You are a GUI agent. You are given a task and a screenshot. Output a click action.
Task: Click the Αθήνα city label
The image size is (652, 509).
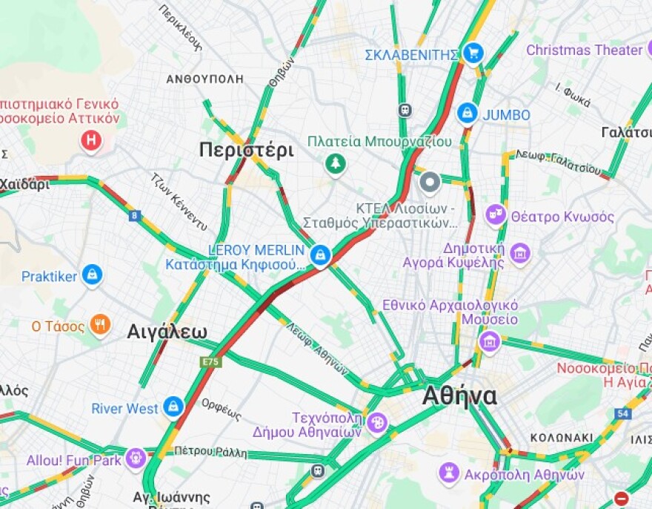click(x=459, y=396)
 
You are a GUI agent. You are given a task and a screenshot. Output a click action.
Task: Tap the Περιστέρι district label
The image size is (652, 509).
click(x=246, y=151)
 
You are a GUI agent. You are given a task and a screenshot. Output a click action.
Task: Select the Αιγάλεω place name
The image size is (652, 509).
click(x=167, y=331)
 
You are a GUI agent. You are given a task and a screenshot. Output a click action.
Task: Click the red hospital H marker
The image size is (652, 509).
click(x=91, y=139)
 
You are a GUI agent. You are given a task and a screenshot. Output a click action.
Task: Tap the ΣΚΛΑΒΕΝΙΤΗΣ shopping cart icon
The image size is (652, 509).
click(x=473, y=53)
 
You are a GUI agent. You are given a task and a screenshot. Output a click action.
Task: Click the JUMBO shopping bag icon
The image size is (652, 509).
click(x=467, y=114)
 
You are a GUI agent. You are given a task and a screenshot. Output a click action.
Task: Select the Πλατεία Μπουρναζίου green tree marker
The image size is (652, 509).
click(x=336, y=164)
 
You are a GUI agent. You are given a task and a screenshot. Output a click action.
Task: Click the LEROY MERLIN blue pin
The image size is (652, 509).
click(x=320, y=255)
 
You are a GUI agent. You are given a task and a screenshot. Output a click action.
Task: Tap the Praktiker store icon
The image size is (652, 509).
click(x=92, y=276)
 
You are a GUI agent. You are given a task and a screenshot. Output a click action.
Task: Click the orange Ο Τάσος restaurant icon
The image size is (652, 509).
click(x=100, y=324)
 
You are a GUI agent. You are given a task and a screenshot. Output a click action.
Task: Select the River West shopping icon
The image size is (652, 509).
click(x=173, y=407)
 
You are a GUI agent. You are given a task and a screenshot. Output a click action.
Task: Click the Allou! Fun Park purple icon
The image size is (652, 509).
click(x=135, y=458)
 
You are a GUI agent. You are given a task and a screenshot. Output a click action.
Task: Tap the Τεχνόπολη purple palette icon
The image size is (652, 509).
click(x=377, y=423)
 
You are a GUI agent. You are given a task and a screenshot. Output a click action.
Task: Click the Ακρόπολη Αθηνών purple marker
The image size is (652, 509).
click(x=448, y=472)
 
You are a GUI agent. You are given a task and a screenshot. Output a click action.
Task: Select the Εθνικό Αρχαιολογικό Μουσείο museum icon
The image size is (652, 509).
click(x=489, y=342)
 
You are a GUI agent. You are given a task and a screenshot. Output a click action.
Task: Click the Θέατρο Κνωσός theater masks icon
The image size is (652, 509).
click(x=496, y=216)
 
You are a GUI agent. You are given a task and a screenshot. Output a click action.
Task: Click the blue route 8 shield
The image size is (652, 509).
click(x=134, y=216)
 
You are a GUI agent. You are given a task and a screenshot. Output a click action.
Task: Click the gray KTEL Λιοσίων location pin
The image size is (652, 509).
click(x=430, y=182)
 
